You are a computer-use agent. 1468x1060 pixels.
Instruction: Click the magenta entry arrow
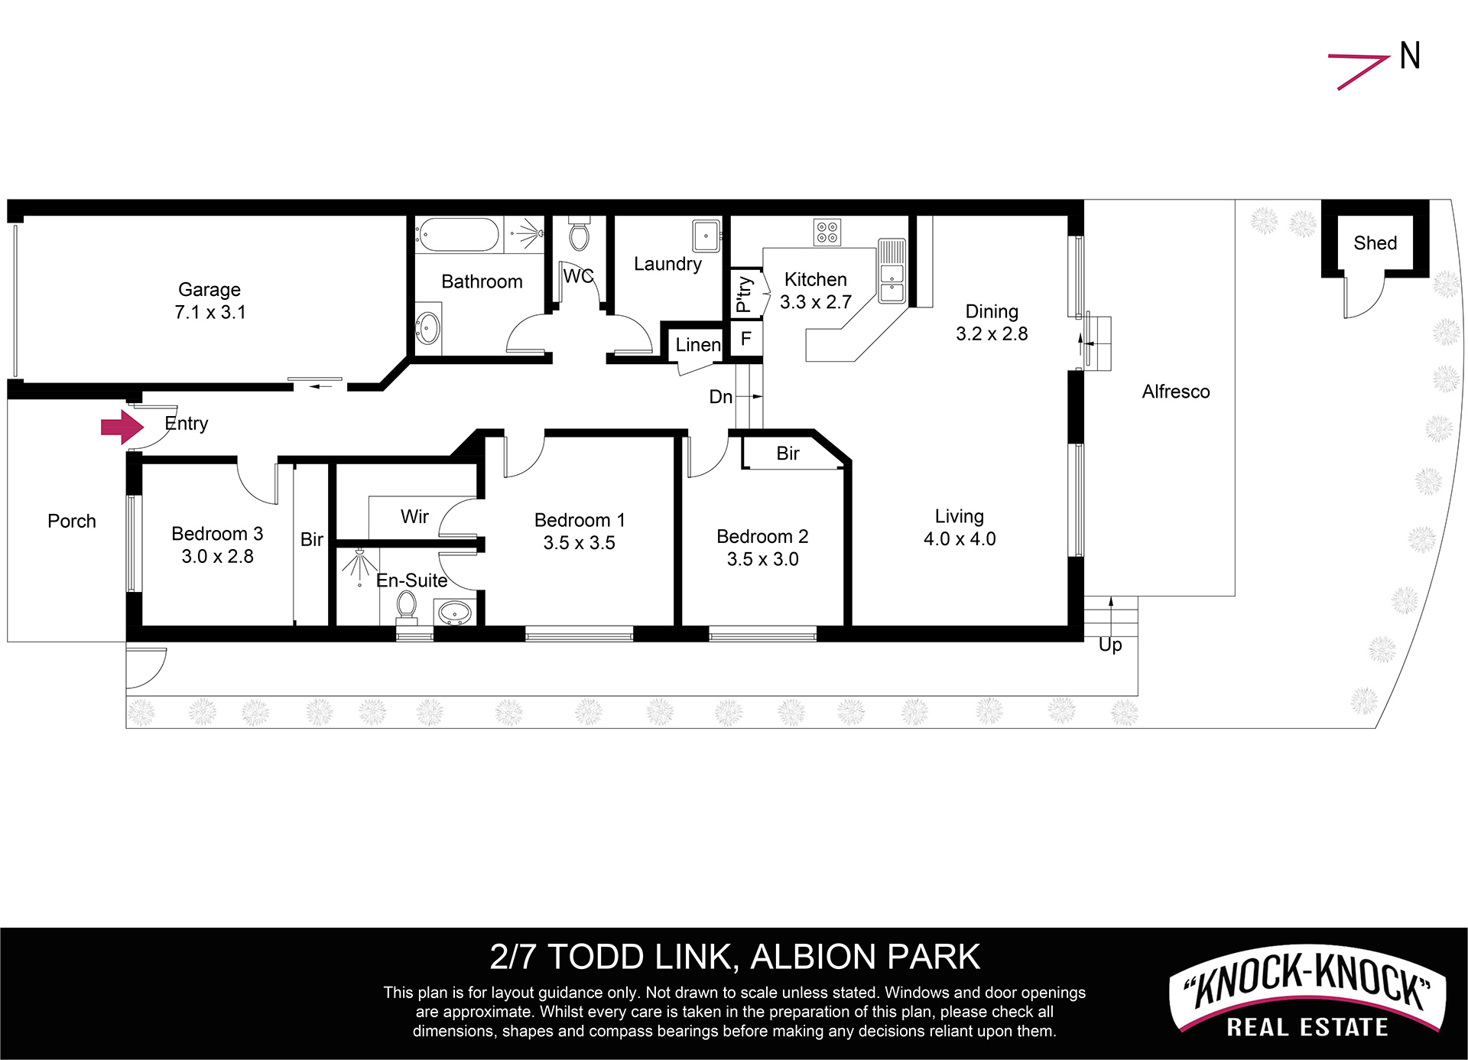click(122, 427)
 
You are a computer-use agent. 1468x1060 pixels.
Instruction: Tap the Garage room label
click(209, 290)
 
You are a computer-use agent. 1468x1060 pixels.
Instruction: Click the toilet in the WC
click(580, 233)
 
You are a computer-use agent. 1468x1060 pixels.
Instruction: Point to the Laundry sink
click(706, 236)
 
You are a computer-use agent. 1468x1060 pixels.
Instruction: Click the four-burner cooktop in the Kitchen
click(827, 232)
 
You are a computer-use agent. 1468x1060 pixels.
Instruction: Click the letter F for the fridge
click(746, 338)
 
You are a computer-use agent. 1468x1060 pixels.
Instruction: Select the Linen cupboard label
click(698, 345)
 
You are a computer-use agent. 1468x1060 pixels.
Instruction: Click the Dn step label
click(721, 396)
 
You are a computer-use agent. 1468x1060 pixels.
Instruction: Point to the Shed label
click(1375, 243)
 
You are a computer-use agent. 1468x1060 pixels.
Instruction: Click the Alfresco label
click(1176, 392)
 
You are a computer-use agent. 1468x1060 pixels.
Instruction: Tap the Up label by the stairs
click(1110, 645)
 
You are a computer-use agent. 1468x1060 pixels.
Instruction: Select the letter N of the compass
click(1411, 56)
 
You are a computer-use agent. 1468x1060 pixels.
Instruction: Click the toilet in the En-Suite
click(406, 609)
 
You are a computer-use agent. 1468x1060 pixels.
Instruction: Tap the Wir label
click(414, 517)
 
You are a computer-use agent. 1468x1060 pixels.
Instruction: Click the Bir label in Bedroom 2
click(788, 454)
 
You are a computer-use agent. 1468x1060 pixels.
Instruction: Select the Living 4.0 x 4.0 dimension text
click(960, 539)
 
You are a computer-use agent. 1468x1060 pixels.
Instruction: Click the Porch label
click(72, 522)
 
